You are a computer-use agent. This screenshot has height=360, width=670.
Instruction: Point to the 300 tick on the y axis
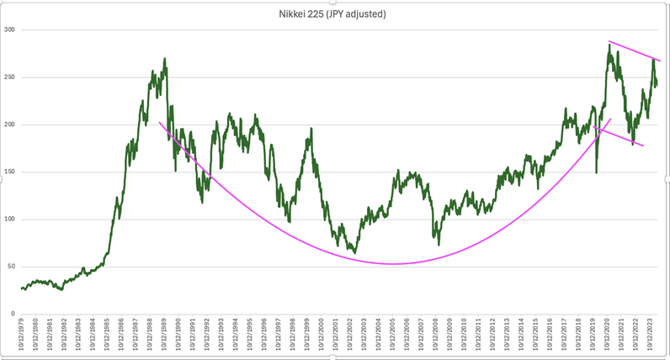pos(10,30)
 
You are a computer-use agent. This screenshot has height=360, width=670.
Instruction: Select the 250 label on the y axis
pos(10,77)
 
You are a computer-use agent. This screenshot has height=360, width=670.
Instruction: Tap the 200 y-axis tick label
pos(10,124)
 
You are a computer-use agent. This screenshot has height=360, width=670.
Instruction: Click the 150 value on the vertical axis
pos(10,172)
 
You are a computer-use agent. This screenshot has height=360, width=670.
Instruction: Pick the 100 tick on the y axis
pos(10,220)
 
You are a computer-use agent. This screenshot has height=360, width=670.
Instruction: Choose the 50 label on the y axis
pos(12,267)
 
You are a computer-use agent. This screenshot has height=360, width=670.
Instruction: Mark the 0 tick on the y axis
pos(13,314)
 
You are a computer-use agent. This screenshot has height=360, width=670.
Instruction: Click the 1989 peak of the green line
pos(165,59)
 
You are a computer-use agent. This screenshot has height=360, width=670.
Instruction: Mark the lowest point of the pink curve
pos(392,264)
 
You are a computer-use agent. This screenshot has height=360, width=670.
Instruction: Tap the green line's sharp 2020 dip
pos(597,172)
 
